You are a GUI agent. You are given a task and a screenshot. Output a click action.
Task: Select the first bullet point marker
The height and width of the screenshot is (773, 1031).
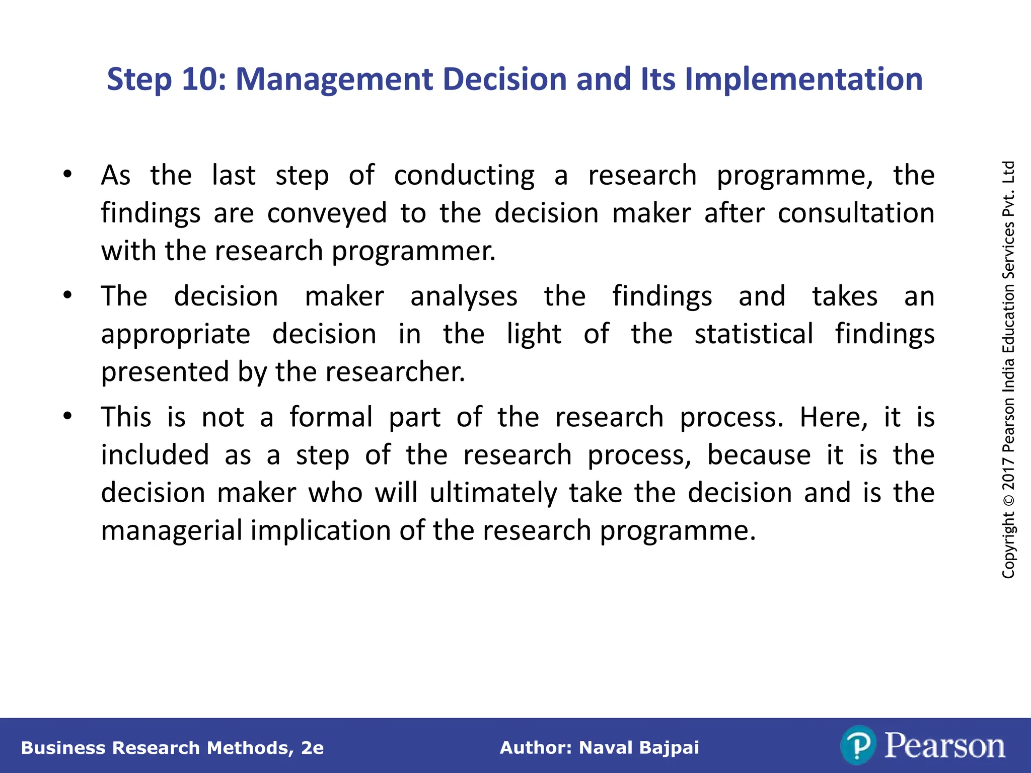click(x=67, y=175)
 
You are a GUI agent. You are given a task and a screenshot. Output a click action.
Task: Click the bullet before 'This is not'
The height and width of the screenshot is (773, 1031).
click(x=67, y=416)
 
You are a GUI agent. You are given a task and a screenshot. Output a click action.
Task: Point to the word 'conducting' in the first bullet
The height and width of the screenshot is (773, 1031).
click(x=464, y=176)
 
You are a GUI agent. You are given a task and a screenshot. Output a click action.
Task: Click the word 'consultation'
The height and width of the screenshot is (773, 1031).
click(x=856, y=213)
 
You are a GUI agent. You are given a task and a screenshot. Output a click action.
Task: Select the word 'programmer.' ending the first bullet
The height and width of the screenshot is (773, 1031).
click(x=413, y=251)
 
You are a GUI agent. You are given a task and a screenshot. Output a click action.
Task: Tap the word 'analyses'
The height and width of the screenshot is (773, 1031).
click(x=464, y=296)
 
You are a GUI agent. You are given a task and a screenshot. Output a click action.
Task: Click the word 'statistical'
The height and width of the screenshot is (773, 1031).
click(x=754, y=334)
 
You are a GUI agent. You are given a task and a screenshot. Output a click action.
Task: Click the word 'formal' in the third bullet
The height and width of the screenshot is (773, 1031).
click(x=331, y=417)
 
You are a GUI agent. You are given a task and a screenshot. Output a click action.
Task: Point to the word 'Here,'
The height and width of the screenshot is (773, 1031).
click(x=834, y=417)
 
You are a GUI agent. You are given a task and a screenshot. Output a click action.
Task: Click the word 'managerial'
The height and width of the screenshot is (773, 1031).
click(x=172, y=530)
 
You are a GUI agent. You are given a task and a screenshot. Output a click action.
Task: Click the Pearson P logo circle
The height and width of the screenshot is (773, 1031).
click(x=858, y=745)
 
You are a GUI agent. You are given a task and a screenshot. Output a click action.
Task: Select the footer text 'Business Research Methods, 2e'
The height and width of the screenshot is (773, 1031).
click(x=172, y=748)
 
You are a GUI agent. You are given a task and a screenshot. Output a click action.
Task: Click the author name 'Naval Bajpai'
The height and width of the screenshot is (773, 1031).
click(x=639, y=748)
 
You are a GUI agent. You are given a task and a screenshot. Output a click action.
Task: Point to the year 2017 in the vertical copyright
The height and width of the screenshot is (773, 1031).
click(x=1008, y=473)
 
